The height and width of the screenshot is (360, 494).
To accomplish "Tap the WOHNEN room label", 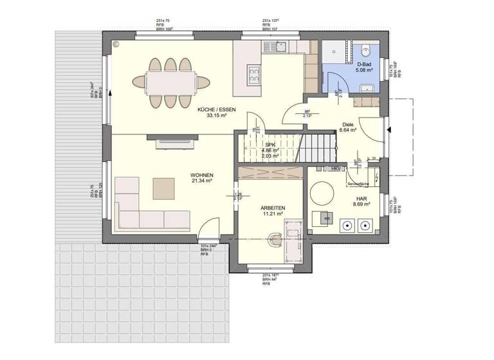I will (x=201, y=175).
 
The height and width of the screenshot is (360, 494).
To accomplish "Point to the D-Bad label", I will (x=365, y=65).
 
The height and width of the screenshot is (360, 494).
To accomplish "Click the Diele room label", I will (x=348, y=125).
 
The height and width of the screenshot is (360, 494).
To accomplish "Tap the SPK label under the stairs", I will (x=271, y=145).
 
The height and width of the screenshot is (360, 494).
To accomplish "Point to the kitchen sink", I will (x=277, y=47).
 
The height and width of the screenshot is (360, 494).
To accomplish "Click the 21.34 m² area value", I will (x=201, y=181).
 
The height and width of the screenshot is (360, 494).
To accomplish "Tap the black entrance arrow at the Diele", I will (x=389, y=131).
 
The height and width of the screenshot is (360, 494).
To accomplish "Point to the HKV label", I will (x=336, y=168).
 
